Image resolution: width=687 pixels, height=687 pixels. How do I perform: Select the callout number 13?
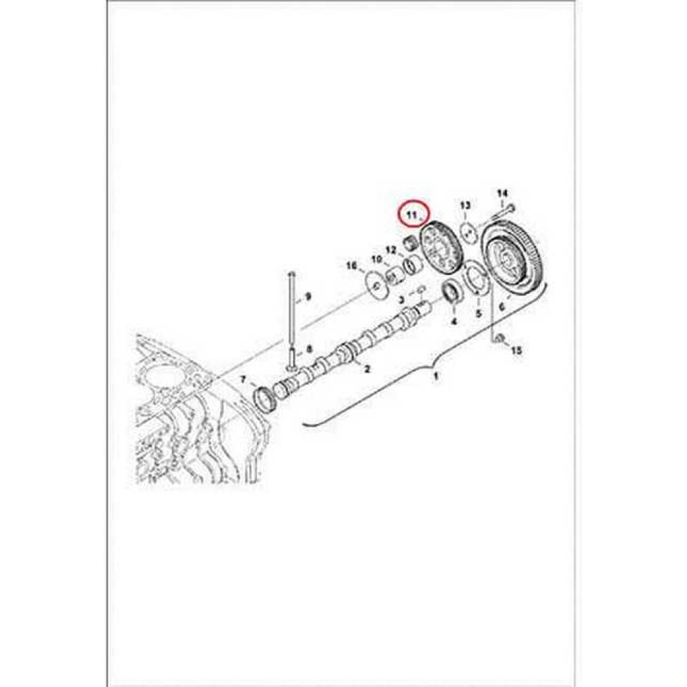pos(465,205)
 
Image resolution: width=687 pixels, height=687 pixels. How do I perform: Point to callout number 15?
pos(517,350)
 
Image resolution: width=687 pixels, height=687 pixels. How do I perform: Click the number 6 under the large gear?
pos(502,307)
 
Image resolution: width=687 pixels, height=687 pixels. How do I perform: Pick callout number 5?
pos(479,314)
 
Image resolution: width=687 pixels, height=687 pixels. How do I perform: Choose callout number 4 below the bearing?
pos(454,321)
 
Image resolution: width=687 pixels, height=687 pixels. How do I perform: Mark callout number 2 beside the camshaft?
pos(368,369)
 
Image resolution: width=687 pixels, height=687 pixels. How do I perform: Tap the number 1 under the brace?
pos(434,377)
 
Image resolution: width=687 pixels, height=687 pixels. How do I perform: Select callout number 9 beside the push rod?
pos(308,297)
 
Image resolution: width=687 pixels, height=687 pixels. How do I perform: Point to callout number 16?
pos(352,265)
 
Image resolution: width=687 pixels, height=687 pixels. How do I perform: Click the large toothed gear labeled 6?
pos(515,258)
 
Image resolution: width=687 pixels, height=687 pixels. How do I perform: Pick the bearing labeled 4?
pos(453,291)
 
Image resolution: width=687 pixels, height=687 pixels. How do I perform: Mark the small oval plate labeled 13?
pos(468,232)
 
